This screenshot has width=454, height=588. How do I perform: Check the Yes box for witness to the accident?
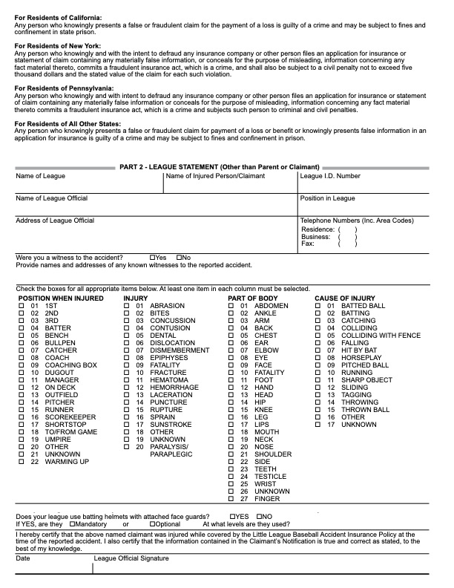tap(152, 258)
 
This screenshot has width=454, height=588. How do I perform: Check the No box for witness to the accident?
tap(178, 258)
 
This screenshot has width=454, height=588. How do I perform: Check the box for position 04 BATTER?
tap(22, 328)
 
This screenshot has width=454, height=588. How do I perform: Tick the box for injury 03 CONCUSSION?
tap(126, 321)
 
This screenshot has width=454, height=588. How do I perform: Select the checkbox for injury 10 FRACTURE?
tap(126, 373)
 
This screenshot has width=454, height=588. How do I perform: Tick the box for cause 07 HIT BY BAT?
tap(318, 350)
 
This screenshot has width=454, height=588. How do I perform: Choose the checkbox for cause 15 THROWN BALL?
tap(318, 410)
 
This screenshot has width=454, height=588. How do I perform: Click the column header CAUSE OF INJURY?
tap(345, 298)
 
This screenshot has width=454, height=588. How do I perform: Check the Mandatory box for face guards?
tap(71, 524)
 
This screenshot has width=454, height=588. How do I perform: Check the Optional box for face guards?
tap(152, 524)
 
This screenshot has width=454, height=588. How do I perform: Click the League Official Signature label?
tap(131, 558)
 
